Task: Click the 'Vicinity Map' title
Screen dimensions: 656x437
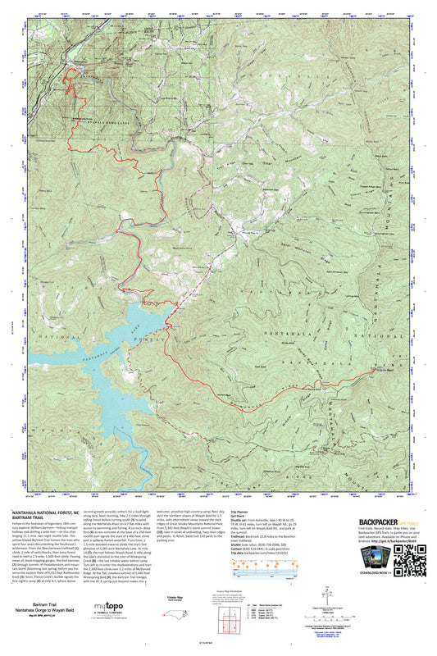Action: click(x=195, y=598)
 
